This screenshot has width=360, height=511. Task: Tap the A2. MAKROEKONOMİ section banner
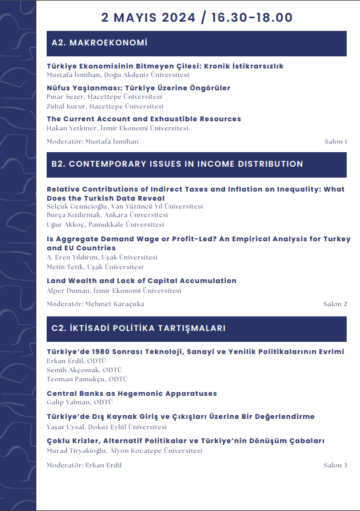point(196,44)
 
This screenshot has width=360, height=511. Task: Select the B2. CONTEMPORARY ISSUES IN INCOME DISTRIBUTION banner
point(196,164)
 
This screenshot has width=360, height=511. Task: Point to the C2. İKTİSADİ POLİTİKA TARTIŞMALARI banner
point(196,329)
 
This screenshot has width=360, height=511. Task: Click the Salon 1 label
point(336,142)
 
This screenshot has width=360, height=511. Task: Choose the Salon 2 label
point(335,304)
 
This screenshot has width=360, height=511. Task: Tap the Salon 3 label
point(335,466)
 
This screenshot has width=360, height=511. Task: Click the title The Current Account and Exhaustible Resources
point(144,119)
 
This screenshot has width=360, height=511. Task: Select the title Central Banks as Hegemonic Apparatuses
point(132,393)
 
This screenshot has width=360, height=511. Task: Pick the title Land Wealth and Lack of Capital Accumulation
point(141,281)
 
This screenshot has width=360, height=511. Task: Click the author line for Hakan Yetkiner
point(118,129)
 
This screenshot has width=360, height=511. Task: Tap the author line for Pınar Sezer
point(104,97)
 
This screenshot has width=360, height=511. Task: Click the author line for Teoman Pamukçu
point(87,379)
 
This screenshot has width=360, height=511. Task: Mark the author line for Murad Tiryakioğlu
point(124,450)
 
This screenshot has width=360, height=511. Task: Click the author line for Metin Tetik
point(95,267)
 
